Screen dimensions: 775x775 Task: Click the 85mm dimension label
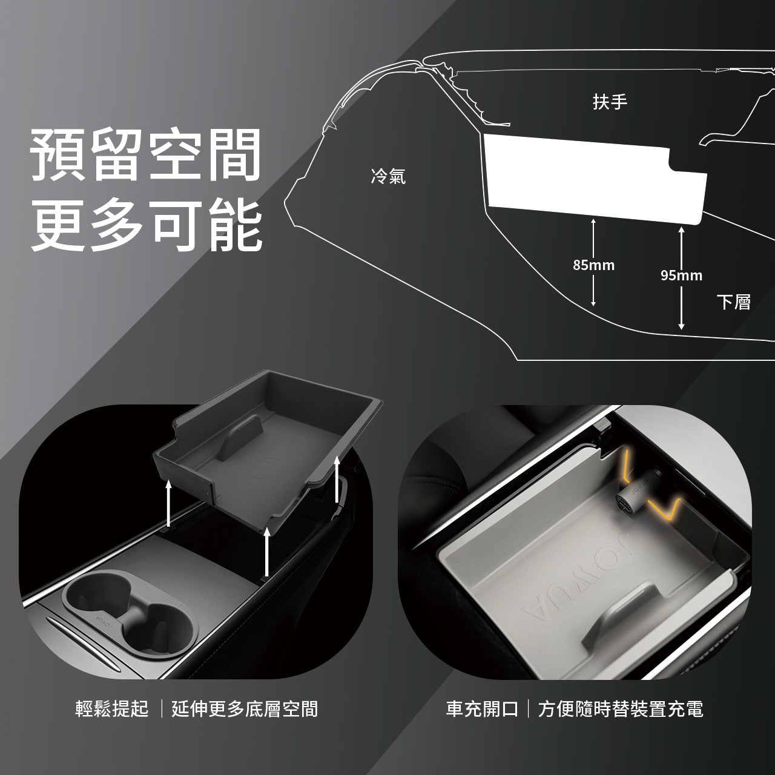pos(593,265)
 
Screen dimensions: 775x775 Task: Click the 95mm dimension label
pos(681,275)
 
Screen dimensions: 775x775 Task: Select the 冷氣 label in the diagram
pos(388,176)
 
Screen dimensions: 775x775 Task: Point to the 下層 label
pos(733,302)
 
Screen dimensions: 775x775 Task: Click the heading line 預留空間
pos(145,155)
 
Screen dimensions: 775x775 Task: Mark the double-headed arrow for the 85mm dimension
pos(593,262)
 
